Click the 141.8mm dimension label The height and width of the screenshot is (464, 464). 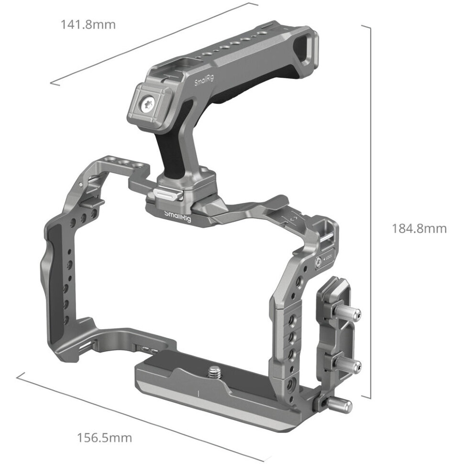click(88, 24)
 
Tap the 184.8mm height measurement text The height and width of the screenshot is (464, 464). click(419, 229)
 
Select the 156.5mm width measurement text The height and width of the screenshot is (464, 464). click(104, 437)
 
